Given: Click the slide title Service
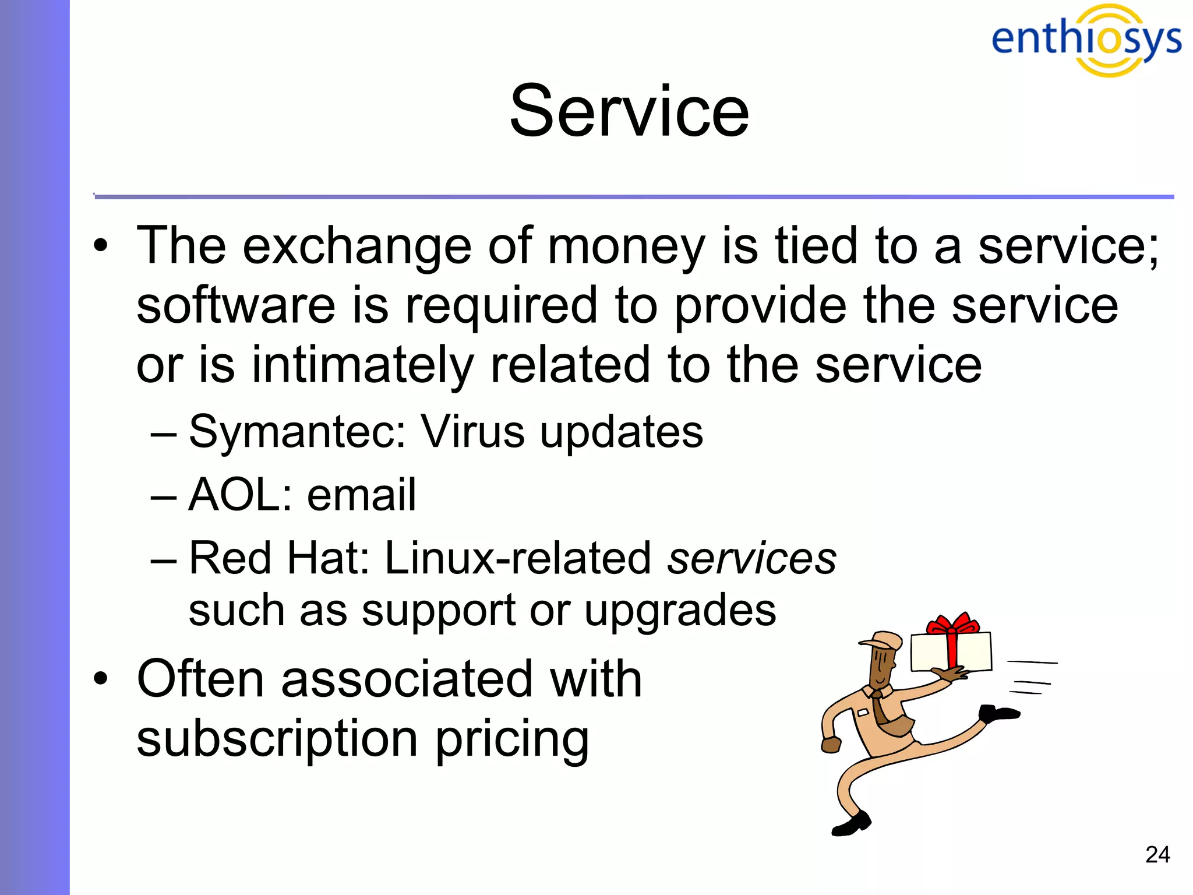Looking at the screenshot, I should click(x=629, y=112).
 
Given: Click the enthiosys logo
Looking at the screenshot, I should click(x=1086, y=40).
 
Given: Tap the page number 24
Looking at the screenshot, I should click(x=1157, y=855).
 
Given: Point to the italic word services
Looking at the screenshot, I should click(x=751, y=558).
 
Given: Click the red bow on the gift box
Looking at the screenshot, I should click(x=953, y=626).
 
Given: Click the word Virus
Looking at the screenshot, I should click(x=472, y=432).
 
